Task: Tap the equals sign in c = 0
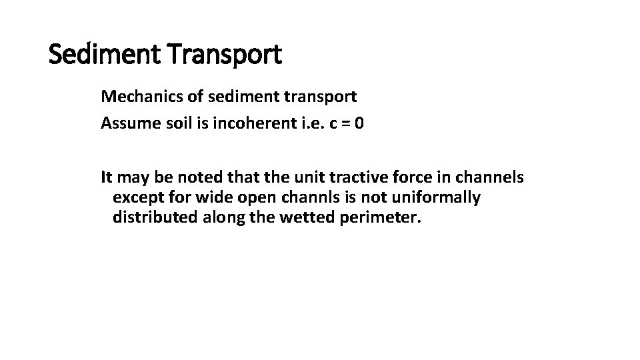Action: pos(343,124)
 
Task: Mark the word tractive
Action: pos(333,177)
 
